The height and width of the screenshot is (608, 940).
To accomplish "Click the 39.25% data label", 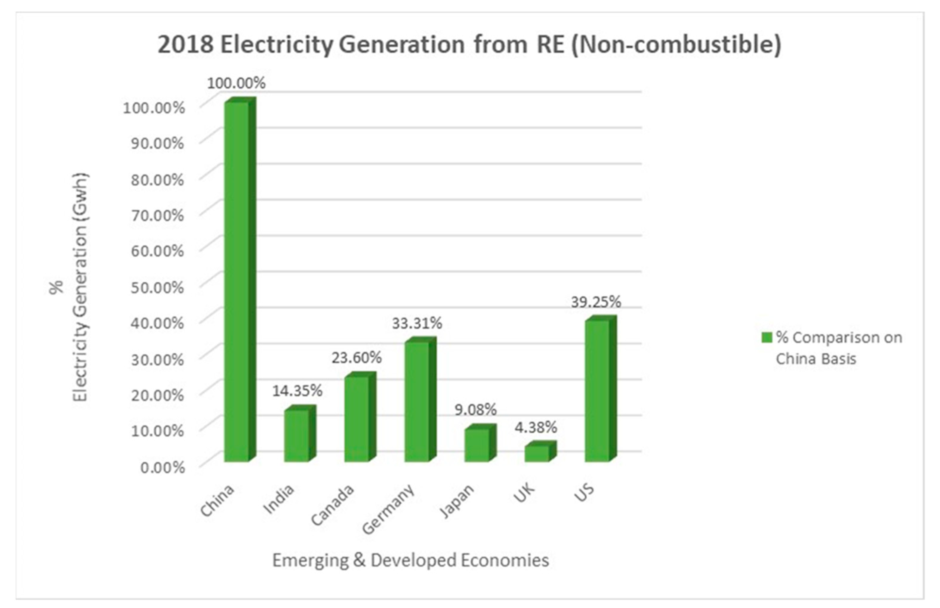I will click(596, 302).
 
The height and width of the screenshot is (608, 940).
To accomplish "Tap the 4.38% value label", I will click(536, 427).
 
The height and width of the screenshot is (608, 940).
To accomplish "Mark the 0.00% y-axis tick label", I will click(162, 468).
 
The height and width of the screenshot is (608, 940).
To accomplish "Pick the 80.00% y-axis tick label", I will click(157, 180).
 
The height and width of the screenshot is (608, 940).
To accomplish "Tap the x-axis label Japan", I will click(457, 501).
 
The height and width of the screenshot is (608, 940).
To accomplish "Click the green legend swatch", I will click(767, 337).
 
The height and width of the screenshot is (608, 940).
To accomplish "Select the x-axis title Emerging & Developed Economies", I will click(410, 560).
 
